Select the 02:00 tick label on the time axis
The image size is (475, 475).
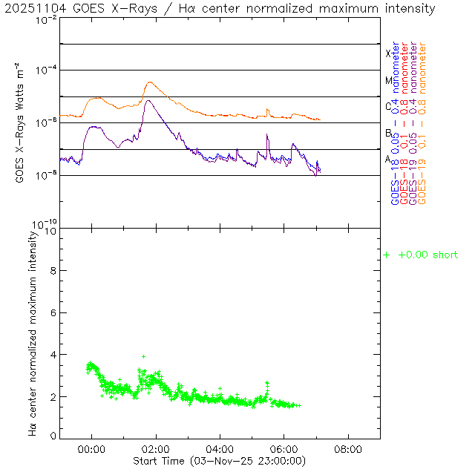click(156, 449)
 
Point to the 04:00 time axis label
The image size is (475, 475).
click(220, 449)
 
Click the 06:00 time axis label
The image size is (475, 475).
click(284, 449)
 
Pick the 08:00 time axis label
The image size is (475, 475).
click(348, 449)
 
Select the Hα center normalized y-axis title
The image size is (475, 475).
click(33, 333)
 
